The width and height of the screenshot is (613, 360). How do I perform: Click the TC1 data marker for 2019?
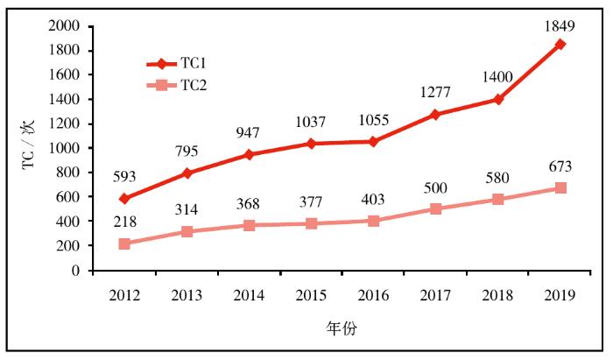pyautogui.click(x=560, y=44)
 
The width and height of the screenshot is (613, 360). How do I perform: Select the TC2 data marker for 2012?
pyautogui.click(x=124, y=244)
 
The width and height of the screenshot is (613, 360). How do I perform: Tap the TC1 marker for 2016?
pyautogui.click(x=374, y=141)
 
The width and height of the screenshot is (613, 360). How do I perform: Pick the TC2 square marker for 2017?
pyautogui.click(x=436, y=208)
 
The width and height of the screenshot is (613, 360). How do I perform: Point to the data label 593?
pyautogui.click(x=125, y=177)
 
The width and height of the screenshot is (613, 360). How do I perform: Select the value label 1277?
pyautogui.click(x=436, y=93)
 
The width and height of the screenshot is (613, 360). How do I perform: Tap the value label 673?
pyautogui.click(x=560, y=167)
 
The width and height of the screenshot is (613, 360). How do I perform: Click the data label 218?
pyautogui.click(x=125, y=222)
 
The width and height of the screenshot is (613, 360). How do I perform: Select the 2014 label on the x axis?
pyautogui.click(x=250, y=294)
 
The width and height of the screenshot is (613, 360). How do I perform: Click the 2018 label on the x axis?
pyautogui.click(x=498, y=294)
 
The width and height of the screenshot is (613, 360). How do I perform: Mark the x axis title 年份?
pyautogui.click(x=342, y=329)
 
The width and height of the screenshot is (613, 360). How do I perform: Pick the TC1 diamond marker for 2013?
pyautogui.click(x=187, y=173)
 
